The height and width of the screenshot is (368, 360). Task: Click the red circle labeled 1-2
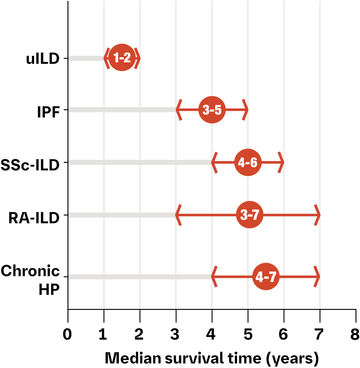[x=122, y=58]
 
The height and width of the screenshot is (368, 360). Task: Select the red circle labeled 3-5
[x=212, y=110]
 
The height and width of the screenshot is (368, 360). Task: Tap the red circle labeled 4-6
[x=248, y=163]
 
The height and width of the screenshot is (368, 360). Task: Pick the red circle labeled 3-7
[x=250, y=215]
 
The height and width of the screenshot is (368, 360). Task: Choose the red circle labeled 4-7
[x=266, y=277]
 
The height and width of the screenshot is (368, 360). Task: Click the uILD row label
[x=43, y=59]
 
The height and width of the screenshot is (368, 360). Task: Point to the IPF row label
[x=48, y=112]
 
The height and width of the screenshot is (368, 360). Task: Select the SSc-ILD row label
[x=30, y=165]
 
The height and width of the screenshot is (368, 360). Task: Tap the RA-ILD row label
[x=34, y=218]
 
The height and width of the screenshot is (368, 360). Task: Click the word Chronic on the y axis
[x=30, y=271]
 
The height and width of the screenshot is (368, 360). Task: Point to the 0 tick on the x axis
[x=67, y=335]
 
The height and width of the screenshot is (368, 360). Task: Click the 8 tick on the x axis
[x=355, y=335]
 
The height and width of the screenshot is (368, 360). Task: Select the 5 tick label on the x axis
[x=248, y=335]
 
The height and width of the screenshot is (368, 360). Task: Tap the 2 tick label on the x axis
[x=139, y=335]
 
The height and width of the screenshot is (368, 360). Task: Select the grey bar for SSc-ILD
[x=139, y=163]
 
